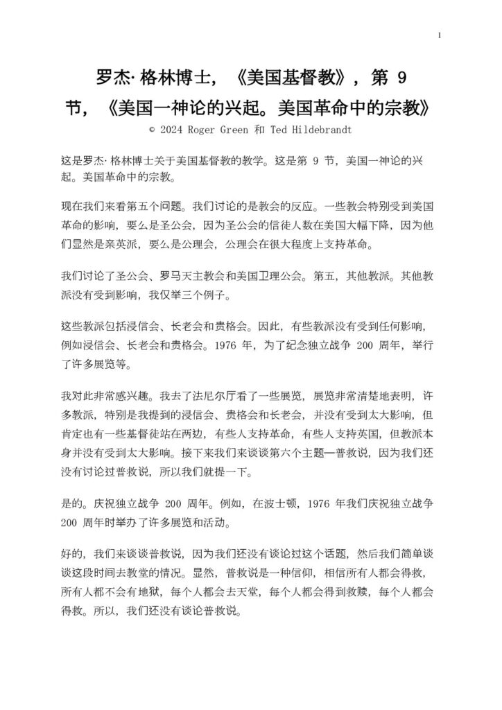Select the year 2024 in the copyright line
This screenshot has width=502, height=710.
click(176, 129)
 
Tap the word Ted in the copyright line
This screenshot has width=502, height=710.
click(278, 129)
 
